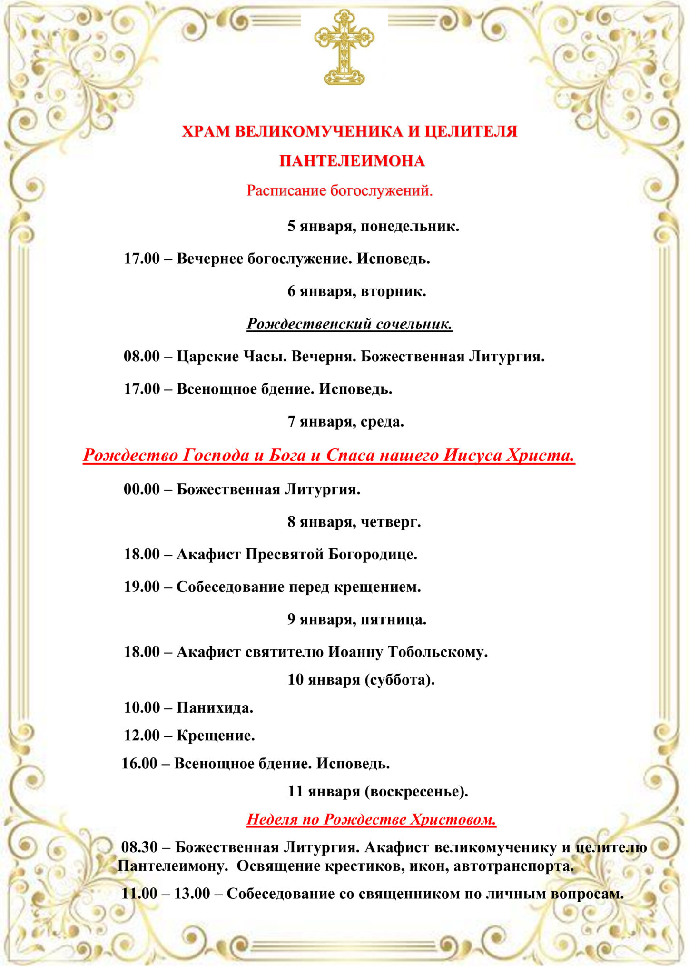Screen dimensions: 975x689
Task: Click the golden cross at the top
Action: (x=344, y=47)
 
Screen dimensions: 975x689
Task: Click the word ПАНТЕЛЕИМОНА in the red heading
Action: (x=352, y=161)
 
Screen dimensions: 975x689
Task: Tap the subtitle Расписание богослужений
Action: (x=339, y=191)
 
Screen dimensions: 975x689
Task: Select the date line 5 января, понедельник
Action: (x=373, y=226)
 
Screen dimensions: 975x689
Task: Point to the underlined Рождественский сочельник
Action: (x=349, y=324)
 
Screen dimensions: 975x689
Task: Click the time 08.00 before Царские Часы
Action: (x=142, y=356)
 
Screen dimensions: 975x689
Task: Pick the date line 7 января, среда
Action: (x=345, y=421)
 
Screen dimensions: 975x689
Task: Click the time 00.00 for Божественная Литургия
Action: (x=142, y=489)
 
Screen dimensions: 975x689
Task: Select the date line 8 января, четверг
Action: (x=354, y=522)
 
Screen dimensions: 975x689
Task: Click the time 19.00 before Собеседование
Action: (x=142, y=587)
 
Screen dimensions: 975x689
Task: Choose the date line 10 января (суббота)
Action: (x=361, y=679)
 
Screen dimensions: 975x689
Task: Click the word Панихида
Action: (x=215, y=707)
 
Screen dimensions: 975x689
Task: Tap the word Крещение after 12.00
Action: (x=216, y=736)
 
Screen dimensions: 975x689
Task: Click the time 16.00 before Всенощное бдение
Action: (x=139, y=764)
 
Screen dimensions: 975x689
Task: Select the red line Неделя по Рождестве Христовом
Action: (x=371, y=819)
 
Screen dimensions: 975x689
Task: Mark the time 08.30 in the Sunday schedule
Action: (x=139, y=847)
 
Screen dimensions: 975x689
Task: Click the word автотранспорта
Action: (x=514, y=866)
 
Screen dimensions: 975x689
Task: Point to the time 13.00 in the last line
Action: (x=192, y=894)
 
